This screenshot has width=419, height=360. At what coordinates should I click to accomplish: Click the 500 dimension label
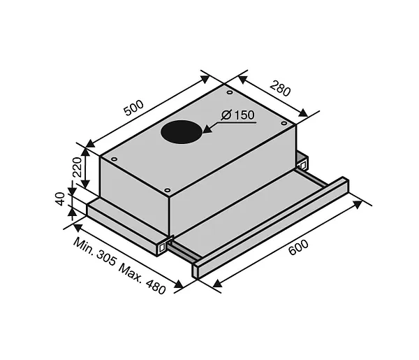(134, 108)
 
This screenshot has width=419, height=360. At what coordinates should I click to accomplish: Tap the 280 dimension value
(280, 88)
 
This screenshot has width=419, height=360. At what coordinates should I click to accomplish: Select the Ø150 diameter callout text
(238, 115)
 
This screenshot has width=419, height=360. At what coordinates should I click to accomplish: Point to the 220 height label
(78, 167)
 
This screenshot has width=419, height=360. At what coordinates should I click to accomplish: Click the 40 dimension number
(60, 199)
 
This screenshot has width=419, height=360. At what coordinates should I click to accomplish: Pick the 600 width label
(298, 247)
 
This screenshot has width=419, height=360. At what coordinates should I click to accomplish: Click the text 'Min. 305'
(95, 252)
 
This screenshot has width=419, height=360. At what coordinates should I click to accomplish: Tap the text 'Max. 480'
(142, 279)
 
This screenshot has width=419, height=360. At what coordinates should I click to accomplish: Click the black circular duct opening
(181, 132)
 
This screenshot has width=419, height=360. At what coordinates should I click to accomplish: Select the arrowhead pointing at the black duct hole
(207, 129)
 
